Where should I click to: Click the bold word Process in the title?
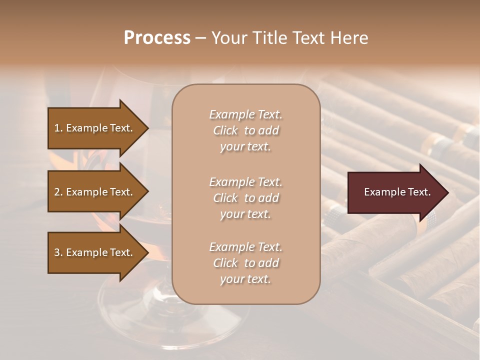click(157, 38)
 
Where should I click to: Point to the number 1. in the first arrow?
click(58, 128)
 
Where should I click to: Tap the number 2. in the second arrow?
click(58, 192)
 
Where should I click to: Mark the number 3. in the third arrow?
click(58, 252)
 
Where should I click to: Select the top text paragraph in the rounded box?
click(245, 130)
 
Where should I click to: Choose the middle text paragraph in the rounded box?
click(245, 198)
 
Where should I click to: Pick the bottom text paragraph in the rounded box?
click(245, 263)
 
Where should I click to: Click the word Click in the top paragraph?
click(225, 130)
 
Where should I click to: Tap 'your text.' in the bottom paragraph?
click(245, 279)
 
